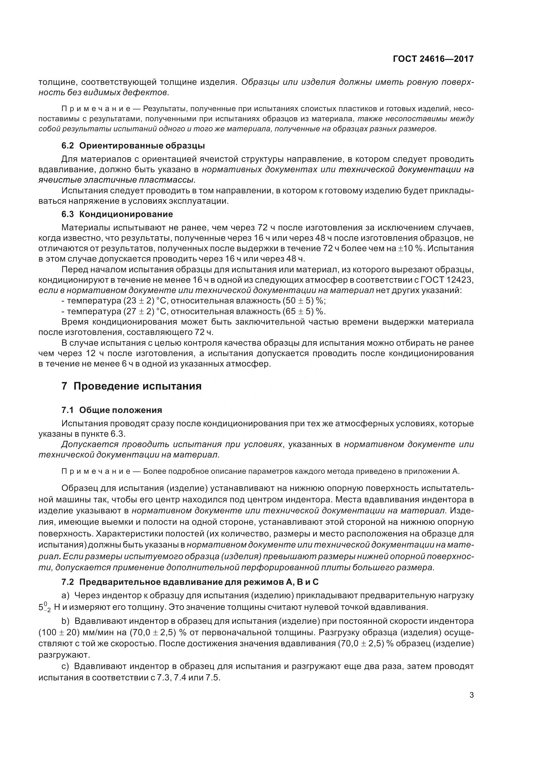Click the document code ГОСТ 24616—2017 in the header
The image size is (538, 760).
coord(433,59)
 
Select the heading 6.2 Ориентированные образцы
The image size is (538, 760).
coord(133,146)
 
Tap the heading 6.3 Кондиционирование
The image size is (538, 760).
coord(117,214)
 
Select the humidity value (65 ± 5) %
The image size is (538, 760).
coord(304,312)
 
